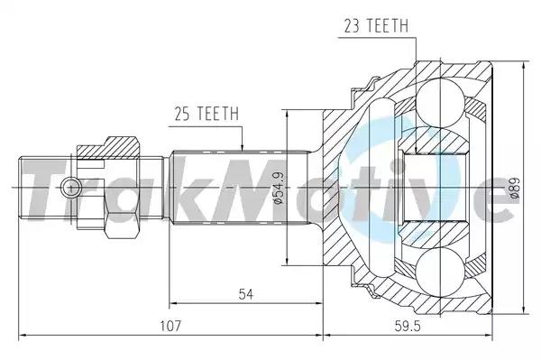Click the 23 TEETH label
pyautogui.click(x=376, y=26)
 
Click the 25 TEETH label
pyautogui.click(x=206, y=114)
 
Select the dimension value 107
pyautogui.click(x=170, y=326)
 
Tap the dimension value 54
pyautogui.click(x=246, y=294)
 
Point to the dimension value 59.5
pyautogui.click(x=408, y=326)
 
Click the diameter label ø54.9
pyautogui.click(x=279, y=188)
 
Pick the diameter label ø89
pyautogui.click(x=515, y=188)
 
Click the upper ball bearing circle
pyautogui.click(x=440, y=103)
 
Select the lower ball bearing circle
pyautogui.click(x=440, y=272)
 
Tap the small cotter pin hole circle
pyautogui.click(x=70, y=188)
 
